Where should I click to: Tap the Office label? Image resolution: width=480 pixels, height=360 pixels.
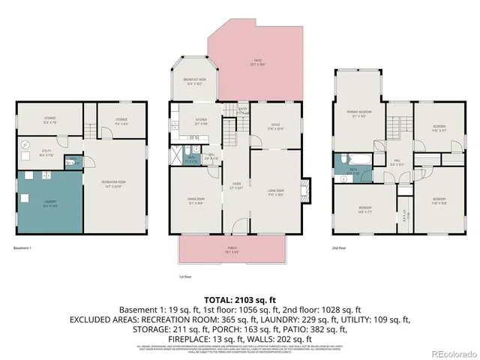pos(275,127)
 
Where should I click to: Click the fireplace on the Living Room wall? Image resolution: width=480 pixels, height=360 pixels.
pos(304,190)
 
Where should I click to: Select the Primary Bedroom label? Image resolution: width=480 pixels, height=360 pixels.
pos(358,113)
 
